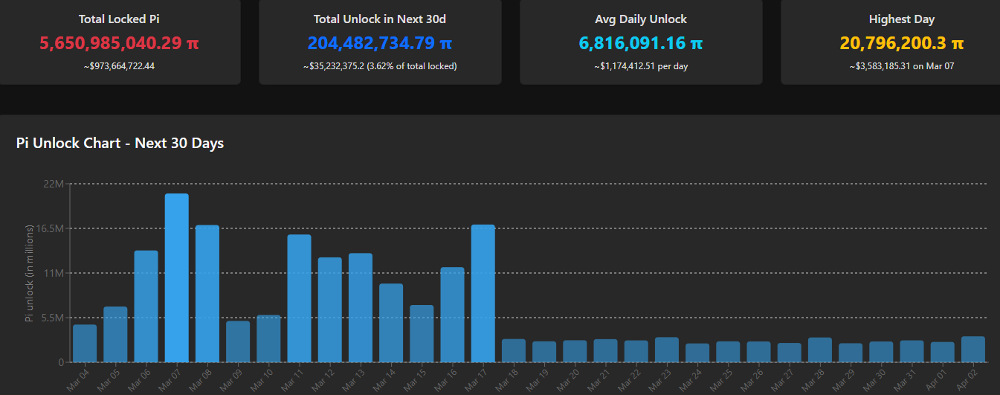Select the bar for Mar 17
point(483,293)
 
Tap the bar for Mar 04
point(85,343)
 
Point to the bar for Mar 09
point(238,341)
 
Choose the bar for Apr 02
point(973,349)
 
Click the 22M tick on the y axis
point(54,184)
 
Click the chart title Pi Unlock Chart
point(120,143)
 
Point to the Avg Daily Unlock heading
point(641,19)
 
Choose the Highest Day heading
point(902,19)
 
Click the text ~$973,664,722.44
point(119,66)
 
